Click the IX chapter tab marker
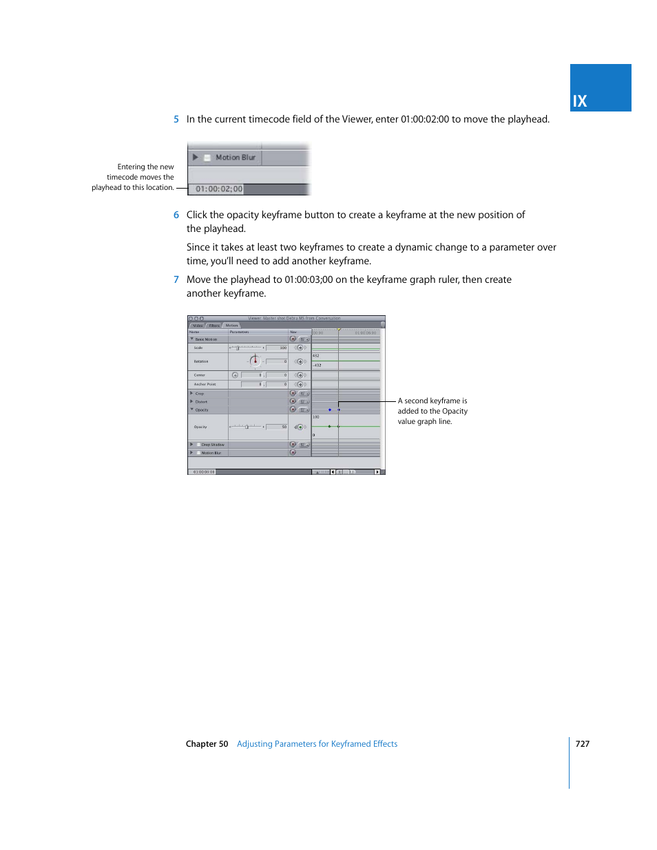(x=600, y=88)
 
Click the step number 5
(x=176, y=119)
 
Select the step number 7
(x=176, y=279)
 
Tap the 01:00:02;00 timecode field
(x=218, y=189)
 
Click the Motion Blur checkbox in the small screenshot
(x=207, y=158)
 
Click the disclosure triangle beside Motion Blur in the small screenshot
(x=196, y=158)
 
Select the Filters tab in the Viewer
(x=214, y=326)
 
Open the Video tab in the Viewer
(x=198, y=326)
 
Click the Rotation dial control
(x=255, y=361)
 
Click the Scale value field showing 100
(x=278, y=348)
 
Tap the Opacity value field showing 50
(x=278, y=427)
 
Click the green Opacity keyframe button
(x=300, y=427)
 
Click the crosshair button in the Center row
(x=235, y=375)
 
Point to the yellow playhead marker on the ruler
(x=338, y=329)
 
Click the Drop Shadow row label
(x=212, y=445)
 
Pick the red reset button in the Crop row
(x=293, y=394)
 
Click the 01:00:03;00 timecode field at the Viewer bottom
(x=204, y=472)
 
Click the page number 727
(x=583, y=744)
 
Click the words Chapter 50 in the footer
(x=207, y=744)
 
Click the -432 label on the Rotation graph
(x=317, y=365)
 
